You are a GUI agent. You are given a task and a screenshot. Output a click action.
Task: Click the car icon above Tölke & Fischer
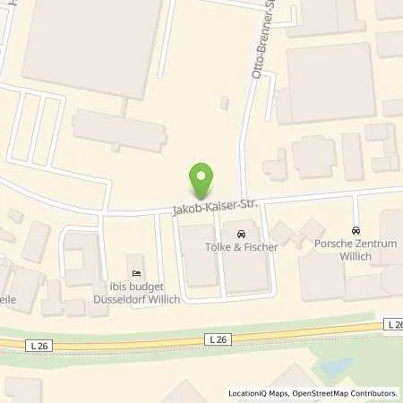(x=239, y=235)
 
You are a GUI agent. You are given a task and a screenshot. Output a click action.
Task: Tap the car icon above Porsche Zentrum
(x=356, y=230)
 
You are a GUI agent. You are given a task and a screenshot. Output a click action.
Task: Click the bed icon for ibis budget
(x=136, y=273)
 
